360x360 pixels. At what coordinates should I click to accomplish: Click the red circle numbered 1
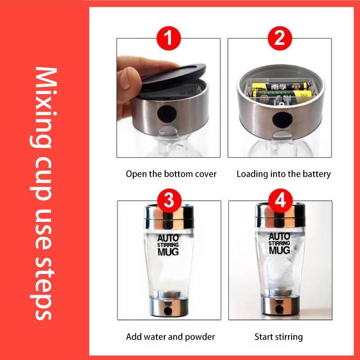[x=169, y=38]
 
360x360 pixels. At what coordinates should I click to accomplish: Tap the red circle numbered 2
[x=280, y=38]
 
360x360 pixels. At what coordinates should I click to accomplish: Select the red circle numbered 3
[x=169, y=201]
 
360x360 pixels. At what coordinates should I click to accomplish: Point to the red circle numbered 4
[x=280, y=201]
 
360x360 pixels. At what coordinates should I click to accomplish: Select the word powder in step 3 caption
[x=200, y=337]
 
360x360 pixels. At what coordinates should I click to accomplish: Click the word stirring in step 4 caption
[x=289, y=337]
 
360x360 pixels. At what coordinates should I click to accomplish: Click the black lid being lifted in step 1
[x=173, y=77]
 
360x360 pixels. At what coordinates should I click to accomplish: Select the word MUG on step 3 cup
[x=168, y=252]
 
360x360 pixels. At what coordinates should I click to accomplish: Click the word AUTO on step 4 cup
[x=279, y=237]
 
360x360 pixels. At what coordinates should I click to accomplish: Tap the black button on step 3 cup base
[x=168, y=311]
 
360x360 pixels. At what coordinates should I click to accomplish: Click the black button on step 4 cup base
[x=279, y=309]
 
